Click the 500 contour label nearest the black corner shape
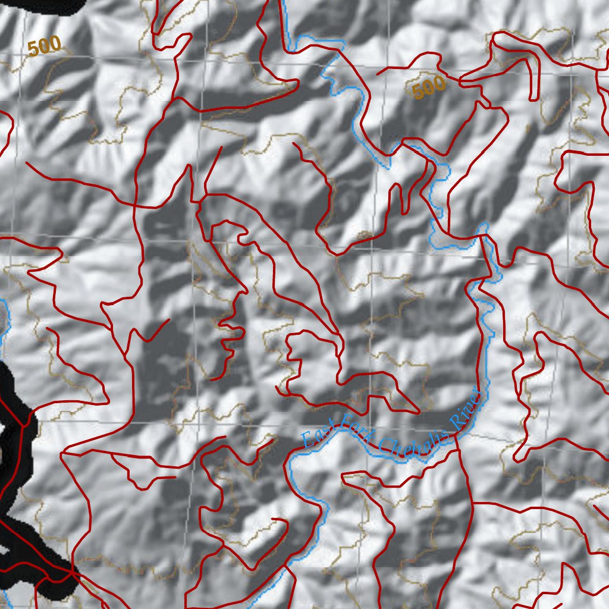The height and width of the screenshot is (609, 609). [x=44, y=46]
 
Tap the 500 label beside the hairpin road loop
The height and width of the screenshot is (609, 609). [x=428, y=88]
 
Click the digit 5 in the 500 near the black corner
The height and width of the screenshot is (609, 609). [x=33, y=49]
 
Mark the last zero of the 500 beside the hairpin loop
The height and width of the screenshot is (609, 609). [x=439, y=84]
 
